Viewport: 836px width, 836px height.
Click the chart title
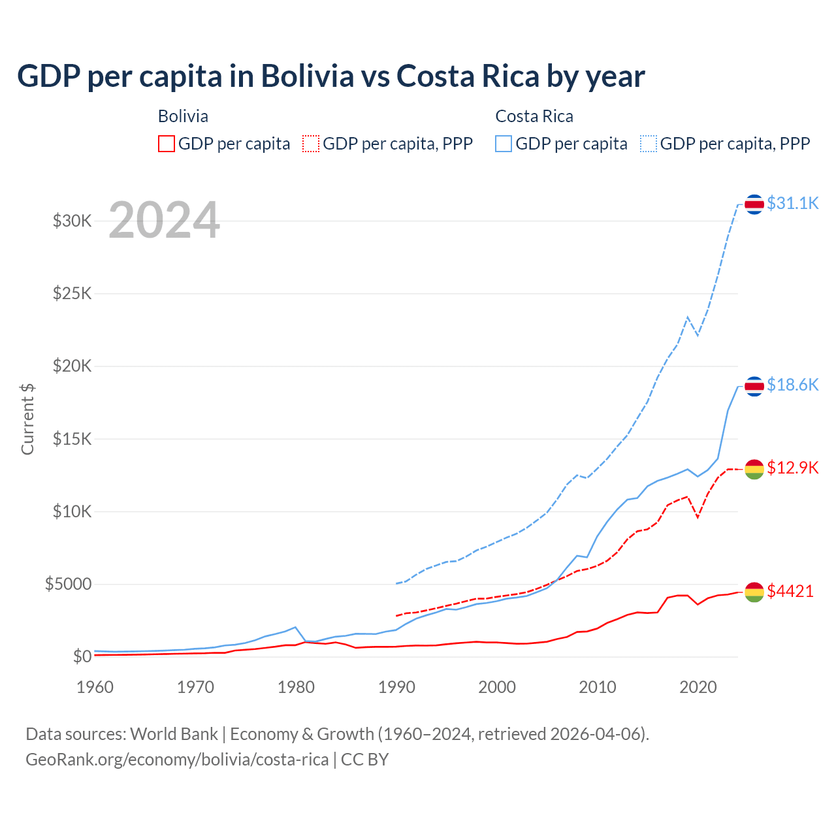(331, 76)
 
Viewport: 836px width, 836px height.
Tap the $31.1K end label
(792, 203)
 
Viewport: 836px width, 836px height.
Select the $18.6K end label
(792, 385)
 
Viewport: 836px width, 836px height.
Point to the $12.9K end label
(792, 468)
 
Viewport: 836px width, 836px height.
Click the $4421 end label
(790, 591)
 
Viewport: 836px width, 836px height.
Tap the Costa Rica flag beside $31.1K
(754, 204)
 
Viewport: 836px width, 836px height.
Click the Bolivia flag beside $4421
(754, 592)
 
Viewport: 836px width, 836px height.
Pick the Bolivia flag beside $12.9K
(754, 469)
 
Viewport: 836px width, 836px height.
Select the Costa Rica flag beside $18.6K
(754, 387)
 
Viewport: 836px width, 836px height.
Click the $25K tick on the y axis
(72, 293)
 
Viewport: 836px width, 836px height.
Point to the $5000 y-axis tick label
(68, 584)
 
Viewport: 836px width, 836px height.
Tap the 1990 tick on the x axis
(396, 687)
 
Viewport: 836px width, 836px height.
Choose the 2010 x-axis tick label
(598, 687)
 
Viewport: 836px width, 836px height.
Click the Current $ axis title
(27, 419)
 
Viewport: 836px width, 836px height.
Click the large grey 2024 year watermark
(164, 220)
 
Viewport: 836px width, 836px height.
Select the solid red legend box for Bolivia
(167, 144)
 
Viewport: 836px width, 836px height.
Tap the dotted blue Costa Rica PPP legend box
(649, 144)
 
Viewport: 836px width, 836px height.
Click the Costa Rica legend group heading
(534, 116)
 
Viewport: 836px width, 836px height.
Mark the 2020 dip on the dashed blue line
(698, 335)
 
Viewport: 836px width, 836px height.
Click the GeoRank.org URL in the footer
(177, 760)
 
